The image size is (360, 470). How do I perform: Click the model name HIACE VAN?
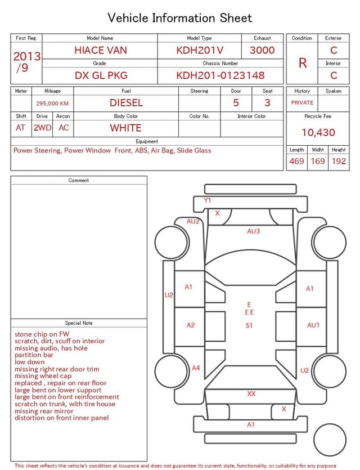[x=101, y=50]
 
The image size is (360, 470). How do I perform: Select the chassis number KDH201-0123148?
[x=220, y=75]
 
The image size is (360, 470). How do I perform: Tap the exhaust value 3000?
[x=262, y=50]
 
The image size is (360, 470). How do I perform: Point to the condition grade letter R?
[x=303, y=63]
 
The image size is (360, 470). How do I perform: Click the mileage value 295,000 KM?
[x=52, y=104]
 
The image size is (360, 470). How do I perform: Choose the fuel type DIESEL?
[x=126, y=103]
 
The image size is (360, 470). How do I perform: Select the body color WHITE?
[x=125, y=128]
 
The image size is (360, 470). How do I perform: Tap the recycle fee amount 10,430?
[x=318, y=132]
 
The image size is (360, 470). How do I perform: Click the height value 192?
[x=339, y=161]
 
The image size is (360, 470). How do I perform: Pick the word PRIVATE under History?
[x=302, y=102]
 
